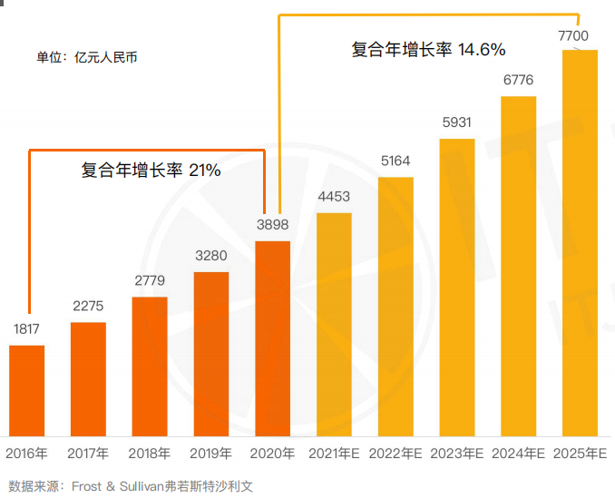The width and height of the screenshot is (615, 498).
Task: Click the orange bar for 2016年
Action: tap(27, 391)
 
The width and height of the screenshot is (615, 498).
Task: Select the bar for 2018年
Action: tap(150, 366)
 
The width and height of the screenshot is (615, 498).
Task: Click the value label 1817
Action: tap(27, 329)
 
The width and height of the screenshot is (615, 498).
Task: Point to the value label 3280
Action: tap(211, 256)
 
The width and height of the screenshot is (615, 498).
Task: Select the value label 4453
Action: tap(334, 197)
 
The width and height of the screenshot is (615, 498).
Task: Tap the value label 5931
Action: tap(457, 122)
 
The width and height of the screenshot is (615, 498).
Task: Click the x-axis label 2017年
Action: tap(88, 453)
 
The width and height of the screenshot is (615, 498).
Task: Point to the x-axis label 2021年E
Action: tap(334, 453)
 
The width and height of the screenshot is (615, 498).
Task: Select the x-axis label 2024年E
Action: tap(518, 453)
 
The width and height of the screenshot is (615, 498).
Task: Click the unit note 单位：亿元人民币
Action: tap(87, 57)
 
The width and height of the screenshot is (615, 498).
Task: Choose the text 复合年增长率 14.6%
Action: tap(428, 50)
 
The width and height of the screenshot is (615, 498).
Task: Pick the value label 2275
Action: tap(88, 306)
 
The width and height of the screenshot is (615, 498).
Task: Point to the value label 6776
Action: tap(518, 80)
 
